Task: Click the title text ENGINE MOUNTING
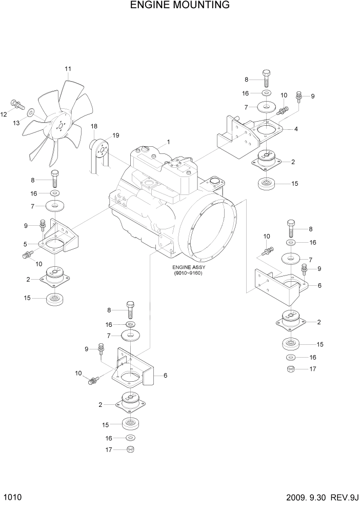click(179, 6)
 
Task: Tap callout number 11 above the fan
click(68, 69)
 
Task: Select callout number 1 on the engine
click(168, 142)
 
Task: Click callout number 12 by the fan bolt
click(4, 114)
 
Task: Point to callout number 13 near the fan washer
click(16, 123)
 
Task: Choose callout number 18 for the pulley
click(94, 126)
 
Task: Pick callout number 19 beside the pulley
click(116, 135)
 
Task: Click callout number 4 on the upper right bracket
click(296, 129)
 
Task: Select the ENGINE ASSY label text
click(188, 267)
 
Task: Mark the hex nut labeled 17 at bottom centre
click(130, 449)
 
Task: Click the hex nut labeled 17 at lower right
click(290, 369)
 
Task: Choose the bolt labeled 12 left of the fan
click(17, 105)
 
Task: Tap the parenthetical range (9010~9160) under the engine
click(188, 273)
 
